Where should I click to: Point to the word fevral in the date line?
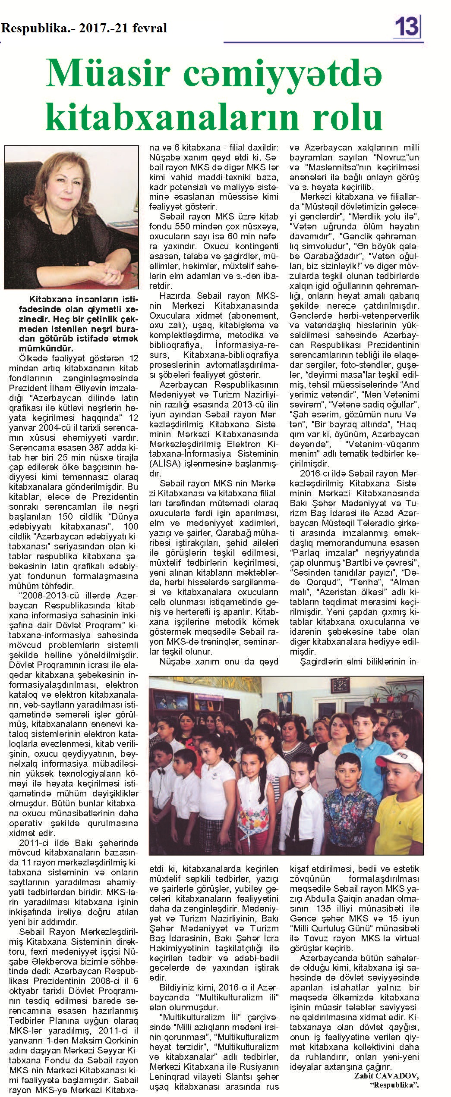click(x=150, y=28)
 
